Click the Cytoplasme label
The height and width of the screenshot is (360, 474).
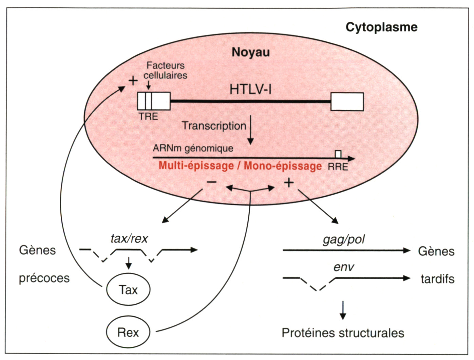point(381,27)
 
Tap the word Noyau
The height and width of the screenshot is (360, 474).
point(251,52)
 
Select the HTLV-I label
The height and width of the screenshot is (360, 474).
point(250,89)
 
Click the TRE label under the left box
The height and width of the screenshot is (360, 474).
point(148,116)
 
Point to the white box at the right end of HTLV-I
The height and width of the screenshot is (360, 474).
point(347,101)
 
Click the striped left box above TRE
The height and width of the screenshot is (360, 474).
point(154,101)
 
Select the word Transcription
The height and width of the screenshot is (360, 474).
point(214,126)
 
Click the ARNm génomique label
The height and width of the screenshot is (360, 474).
point(193,148)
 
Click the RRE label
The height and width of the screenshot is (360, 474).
point(338,167)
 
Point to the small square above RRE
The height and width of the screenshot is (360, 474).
point(338,154)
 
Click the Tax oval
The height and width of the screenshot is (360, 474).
point(128,290)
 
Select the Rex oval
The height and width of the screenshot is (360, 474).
point(128,332)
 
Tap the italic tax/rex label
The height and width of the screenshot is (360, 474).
point(129,239)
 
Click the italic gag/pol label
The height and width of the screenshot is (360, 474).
point(343,240)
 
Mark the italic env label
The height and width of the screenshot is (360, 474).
point(343,267)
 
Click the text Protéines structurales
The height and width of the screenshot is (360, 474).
point(343,333)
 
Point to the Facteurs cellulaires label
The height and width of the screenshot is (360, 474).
point(165,70)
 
